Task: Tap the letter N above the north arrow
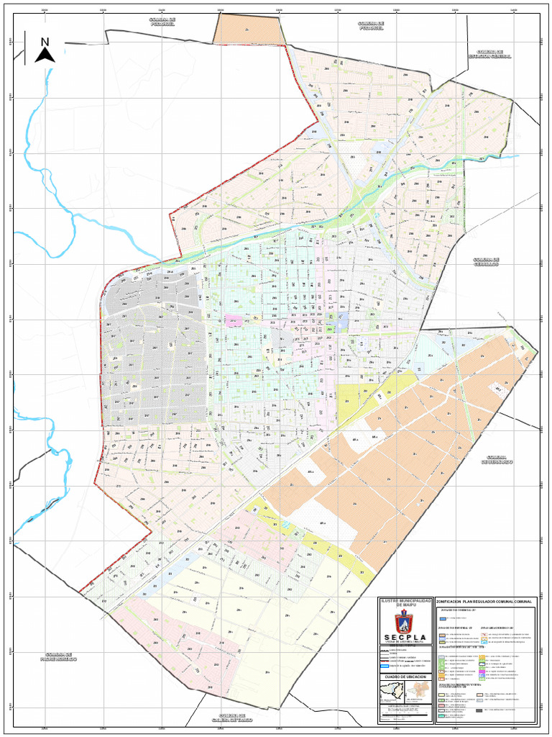pos(45,42)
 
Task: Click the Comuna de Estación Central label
pos(489,54)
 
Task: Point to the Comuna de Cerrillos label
pos(486,261)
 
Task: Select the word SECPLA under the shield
pos(405,637)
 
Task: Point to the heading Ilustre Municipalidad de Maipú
pos(405,602)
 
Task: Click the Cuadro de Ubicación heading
pos(405,677)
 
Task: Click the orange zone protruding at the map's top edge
pos(247,30)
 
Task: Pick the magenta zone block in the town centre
pos(234,321)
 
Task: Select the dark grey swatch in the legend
pos(479,710)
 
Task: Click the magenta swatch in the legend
pos(479,672)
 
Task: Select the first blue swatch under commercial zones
pos(441,618)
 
